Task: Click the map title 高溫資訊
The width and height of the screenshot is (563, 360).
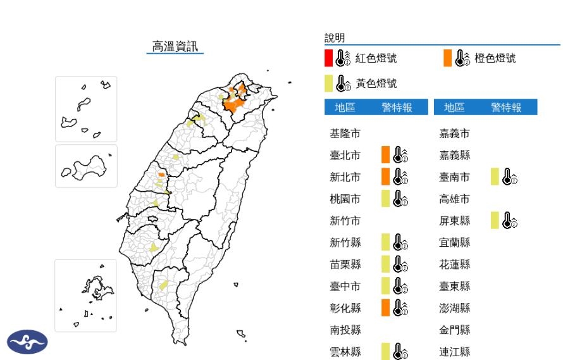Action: point(175,46)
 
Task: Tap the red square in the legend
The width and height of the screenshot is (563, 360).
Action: point(328,58)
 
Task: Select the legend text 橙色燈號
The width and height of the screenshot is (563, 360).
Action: point(495,58)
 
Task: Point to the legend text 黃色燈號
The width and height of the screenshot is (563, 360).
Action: point(376,83)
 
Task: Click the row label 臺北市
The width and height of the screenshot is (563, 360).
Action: point(345,155)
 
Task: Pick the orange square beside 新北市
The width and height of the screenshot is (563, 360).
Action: point(385,177)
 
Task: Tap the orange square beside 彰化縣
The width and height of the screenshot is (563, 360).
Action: point(385,307)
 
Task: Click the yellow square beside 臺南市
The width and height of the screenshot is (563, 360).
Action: point(495,177)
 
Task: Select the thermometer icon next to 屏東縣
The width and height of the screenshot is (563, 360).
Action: point(509,221)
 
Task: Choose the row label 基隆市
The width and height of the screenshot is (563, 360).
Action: point(345,133)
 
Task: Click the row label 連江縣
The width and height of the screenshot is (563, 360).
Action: point(455,352)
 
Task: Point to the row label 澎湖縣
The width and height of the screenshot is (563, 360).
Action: point(455,308)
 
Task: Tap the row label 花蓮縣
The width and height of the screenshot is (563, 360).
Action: point(455,264)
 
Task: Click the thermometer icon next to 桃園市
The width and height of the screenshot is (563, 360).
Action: point(400,199)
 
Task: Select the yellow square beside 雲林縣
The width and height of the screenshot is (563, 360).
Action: point(385,351)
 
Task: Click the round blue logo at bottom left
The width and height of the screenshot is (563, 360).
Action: point(27,342)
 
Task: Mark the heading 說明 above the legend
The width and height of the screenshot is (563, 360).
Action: point(335,39)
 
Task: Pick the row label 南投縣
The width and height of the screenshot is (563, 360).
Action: point(345,330)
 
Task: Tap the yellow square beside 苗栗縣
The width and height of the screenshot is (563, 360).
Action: point(385,264)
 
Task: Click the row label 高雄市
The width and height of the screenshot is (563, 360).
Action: point(455,199)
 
